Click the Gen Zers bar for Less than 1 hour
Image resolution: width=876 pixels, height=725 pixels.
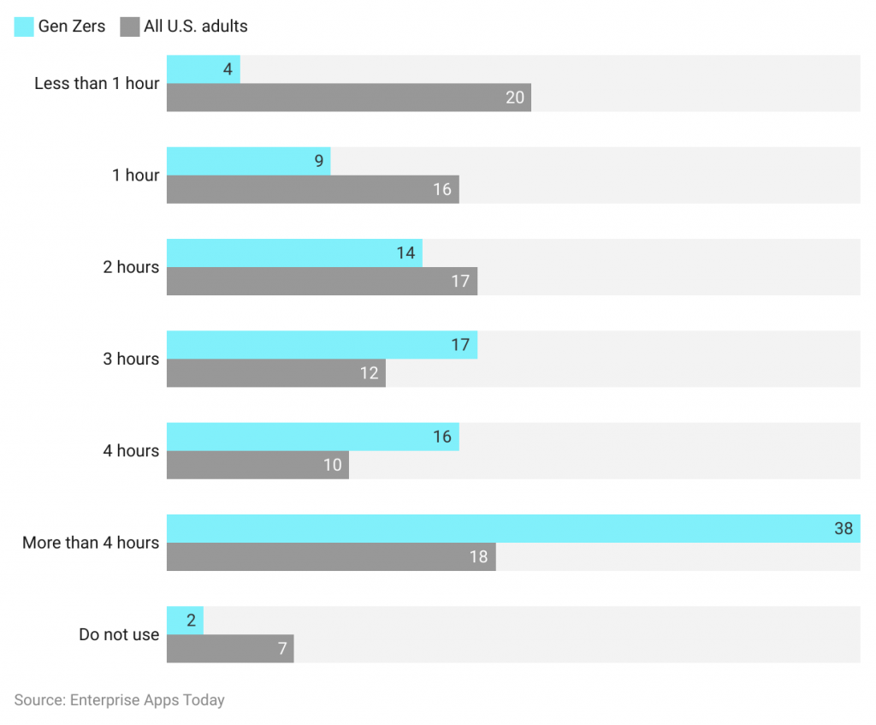(x=203, y=69)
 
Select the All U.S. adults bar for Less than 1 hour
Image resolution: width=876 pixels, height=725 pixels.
(x=348, y=98)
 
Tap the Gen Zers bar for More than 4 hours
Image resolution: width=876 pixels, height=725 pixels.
(x=513, y=528)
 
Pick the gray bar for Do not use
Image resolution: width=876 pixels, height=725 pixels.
(x=229, y=649)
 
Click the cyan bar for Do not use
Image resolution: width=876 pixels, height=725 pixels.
(x=185, y=621)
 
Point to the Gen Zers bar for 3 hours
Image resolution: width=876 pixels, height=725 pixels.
(x=322, y=345)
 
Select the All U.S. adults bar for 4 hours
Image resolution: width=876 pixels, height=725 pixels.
(x=257, y=465)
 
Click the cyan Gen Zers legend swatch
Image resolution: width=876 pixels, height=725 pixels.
(x=24, y=27)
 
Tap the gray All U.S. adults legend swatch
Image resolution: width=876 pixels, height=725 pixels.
(x=130, y=27)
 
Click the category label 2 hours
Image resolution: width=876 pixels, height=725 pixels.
(x=131, y=267)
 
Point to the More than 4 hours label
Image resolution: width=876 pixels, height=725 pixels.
(x=91, y=543)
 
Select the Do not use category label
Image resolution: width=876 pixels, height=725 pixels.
(x=119, y=634)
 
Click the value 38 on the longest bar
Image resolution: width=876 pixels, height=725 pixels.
(x=843, y=528)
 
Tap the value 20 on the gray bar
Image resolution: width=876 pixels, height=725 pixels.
(x=514, y=98)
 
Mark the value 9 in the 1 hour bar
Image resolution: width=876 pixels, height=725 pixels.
(x=318, y=161)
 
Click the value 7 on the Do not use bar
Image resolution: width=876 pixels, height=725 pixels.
(x=282, y=649)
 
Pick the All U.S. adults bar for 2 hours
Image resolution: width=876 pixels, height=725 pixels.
(x=322, y=281)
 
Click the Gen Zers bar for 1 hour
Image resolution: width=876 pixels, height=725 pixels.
(x=248, y=161)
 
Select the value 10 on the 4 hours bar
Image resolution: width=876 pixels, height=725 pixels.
(x=332, y=465)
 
